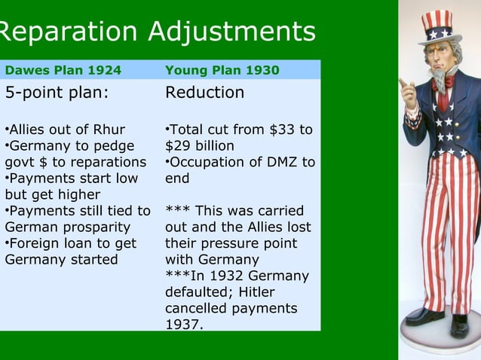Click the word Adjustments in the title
point(231,32)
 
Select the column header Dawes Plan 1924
point(63,71)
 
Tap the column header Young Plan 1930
point(222,71)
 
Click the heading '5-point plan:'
point(57,93)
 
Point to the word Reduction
point(204,93)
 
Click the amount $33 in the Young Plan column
point(283,130)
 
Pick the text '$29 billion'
point(200,145)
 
